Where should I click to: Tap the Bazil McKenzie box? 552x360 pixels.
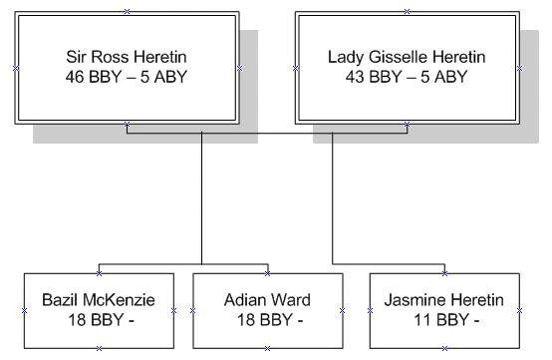coord(99,310)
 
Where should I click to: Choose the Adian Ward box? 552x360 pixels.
coord(267,310)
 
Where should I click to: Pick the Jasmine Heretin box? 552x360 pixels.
coord(443,310)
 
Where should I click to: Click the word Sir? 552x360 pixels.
coord(78,57)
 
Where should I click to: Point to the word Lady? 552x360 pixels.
coord(346,57)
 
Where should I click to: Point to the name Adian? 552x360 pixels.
coord(245,299)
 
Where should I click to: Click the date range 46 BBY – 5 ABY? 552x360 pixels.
coord(127,76)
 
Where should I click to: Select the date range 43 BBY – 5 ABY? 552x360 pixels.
coord(407,76)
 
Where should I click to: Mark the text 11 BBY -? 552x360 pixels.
coord(443,319)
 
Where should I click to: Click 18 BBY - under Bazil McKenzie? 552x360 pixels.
coord(99,319)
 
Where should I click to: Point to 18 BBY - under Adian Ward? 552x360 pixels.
coord(267,319)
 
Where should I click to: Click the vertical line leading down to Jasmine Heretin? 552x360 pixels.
coord(333,199)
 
